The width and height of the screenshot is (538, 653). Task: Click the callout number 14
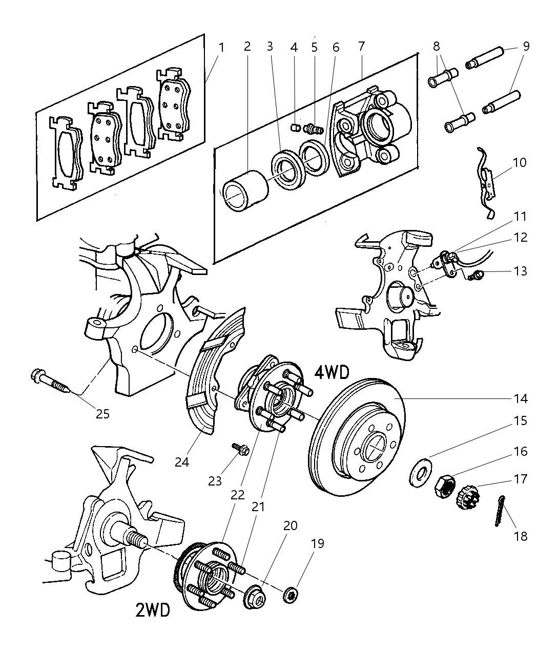point(520,398)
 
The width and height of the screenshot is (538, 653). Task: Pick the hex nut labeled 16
point(444,483)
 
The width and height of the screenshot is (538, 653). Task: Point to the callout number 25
point(102,413)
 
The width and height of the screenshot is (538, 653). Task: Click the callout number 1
point(221,47)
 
